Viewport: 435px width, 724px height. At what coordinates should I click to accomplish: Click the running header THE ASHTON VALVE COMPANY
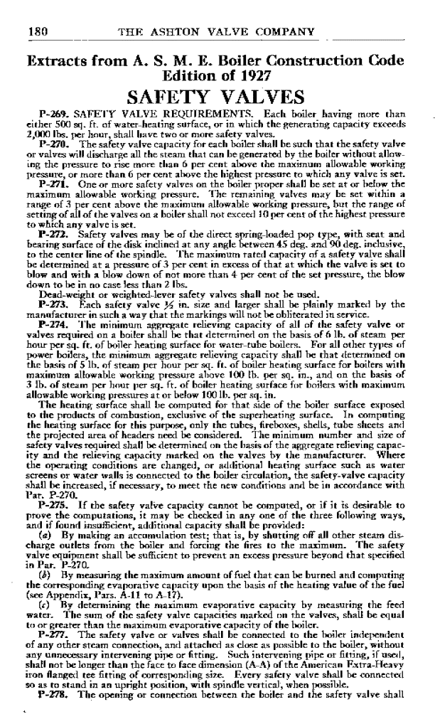217,32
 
